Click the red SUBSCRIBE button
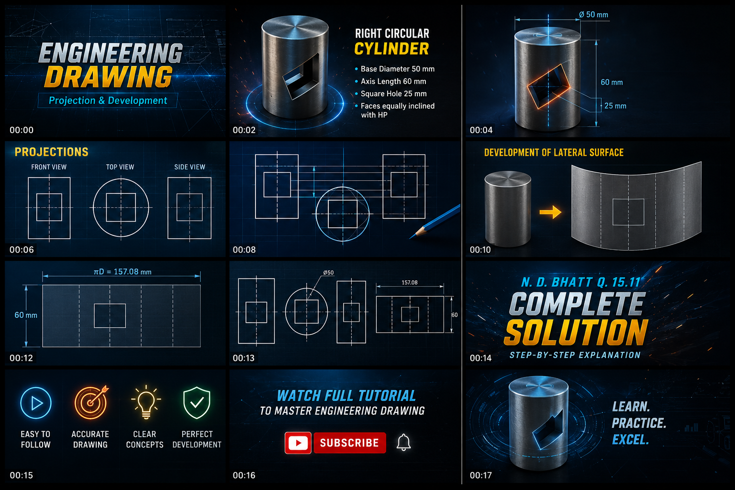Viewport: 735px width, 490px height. pyautogui.click(x=350, y=443)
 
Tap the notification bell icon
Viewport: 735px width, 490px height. pyautogui.click(x=403, y=443)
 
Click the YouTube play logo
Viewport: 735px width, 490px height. pyautogui.click(x=298, y=443)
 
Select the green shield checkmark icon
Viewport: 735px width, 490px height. pyautogui.click(x=197, y=403)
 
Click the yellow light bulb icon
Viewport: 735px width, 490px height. pyautogui.click(x=146, y=402)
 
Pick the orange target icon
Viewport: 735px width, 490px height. pyautogui.click(x=91, y=402)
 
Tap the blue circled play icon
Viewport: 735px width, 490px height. pyautogui.click(x=36, y=403)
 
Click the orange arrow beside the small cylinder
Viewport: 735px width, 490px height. pyautogui.click(x=550, y=212)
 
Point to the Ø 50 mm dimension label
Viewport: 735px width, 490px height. pyautogui.click(x=593, y=15)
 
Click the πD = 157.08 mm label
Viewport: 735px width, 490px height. pyautogui.click(x=122, y=272)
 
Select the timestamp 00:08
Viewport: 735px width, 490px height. pyautogui.click(x=244, y=250)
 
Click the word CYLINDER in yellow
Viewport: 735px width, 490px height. pyautogui.click(x=391, y=49)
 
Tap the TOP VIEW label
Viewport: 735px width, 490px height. pyautogui.click(x=120, y=167)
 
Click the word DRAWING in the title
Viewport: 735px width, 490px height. pyautogui.click(x=109, y=77)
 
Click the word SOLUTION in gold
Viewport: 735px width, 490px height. pyautogui.click(x=576, y=332)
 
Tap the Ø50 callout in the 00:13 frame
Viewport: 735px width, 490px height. pyautogui.click(x=328, y=273)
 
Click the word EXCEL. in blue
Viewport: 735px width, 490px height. pyautogui.click(x=630, y=439)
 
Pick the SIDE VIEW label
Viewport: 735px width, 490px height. pyautogui.click(x=189, y=167)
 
